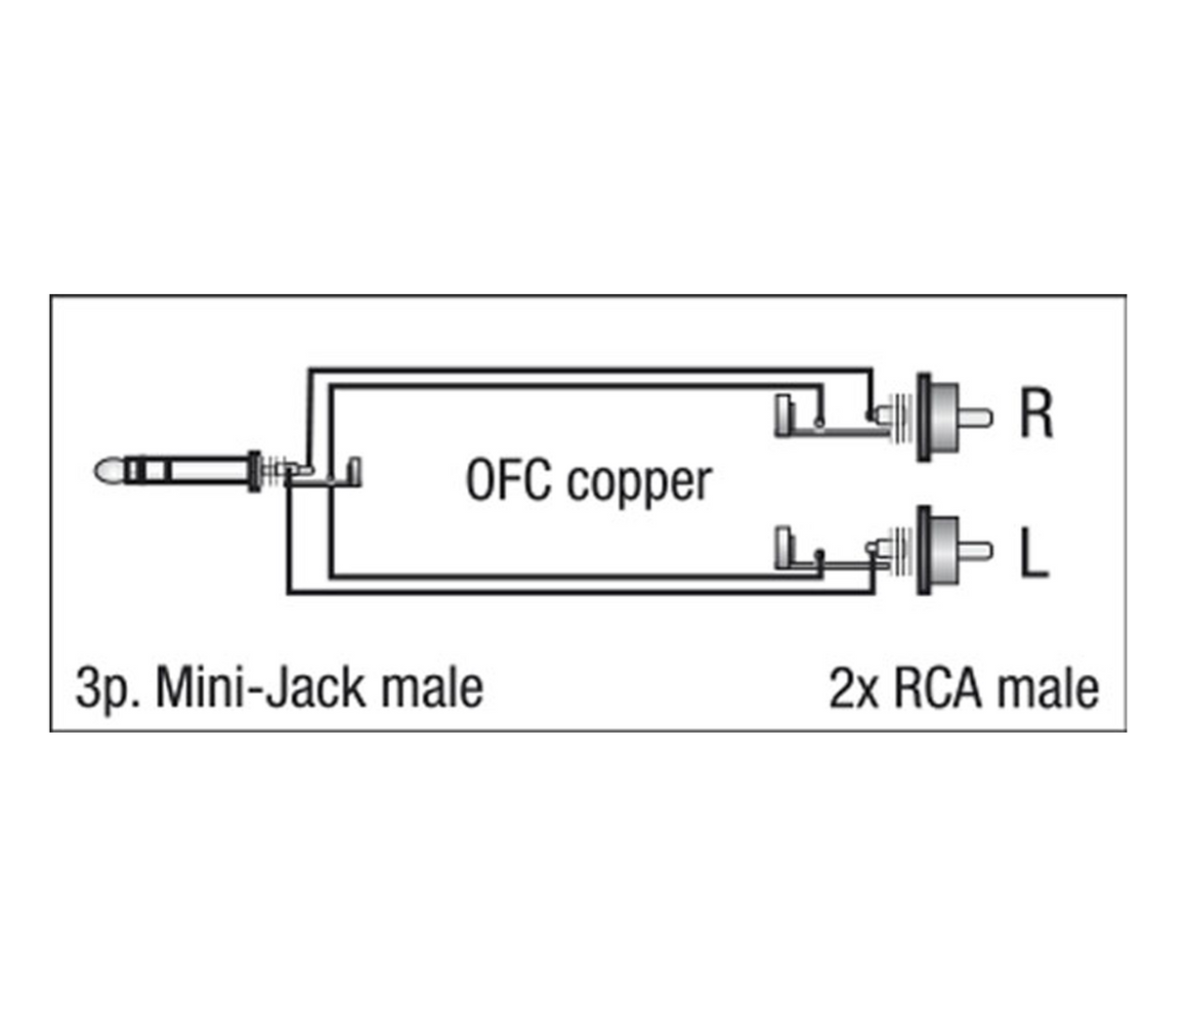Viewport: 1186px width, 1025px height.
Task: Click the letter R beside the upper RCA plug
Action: click(1036, 414)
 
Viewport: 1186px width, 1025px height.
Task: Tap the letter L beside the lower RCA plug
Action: click(1033, 553)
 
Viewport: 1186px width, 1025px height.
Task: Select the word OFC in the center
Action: click(507, 481)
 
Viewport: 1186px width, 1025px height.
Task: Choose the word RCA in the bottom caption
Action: click(922, 688)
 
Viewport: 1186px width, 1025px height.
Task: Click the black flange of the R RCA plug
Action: click(923, 418)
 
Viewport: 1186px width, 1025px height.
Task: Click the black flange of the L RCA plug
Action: click(923, 551)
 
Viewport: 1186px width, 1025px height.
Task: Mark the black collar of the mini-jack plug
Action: click(255, 471)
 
